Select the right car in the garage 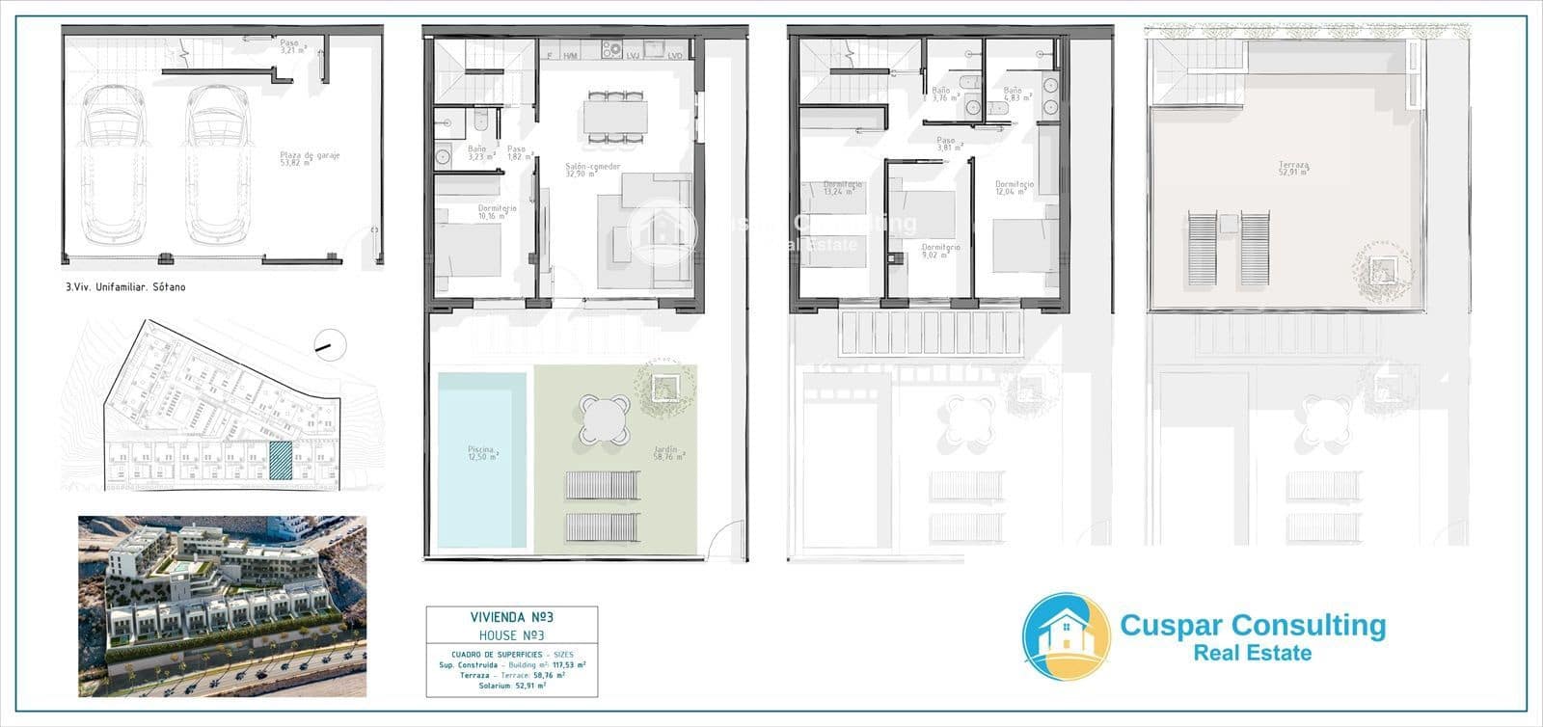pyautogui.click(x=217, y=164)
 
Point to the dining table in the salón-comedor pyautogui.click(x=613, y=118)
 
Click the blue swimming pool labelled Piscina pyautogui.click(x=482, y=459)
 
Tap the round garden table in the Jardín pyautogui.click(x=605, y=421)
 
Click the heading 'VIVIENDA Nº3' pyautogui.click(x=511, y=617)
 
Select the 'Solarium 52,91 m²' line pyautogui.click(x=511, y=687)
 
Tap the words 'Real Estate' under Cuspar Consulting pyautogui.click(x=1253, y=654)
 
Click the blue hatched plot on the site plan pyautogui.click(x=279, y=460)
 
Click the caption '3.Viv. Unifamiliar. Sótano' pyautogui.click(x=122, y=287)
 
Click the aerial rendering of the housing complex pyautogui.click(x=222, y=606)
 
